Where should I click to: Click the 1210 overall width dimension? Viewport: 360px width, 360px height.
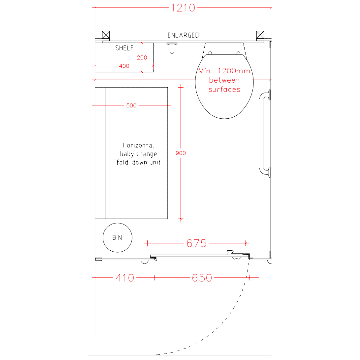point(183,8)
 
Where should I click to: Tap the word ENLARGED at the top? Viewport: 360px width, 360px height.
point(183,35)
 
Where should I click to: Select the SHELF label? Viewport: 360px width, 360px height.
point(124,48)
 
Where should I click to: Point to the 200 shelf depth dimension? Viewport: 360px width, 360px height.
point(142,58)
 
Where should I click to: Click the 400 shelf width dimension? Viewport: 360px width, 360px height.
point(124,66)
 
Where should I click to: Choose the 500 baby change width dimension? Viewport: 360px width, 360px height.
point(131,105)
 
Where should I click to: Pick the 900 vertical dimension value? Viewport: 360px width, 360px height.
point(181,153)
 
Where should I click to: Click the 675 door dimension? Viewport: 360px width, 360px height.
point(197,243)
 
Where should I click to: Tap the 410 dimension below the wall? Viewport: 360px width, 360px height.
point(125,278)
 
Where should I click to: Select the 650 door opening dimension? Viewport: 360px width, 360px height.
point(202,278)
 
